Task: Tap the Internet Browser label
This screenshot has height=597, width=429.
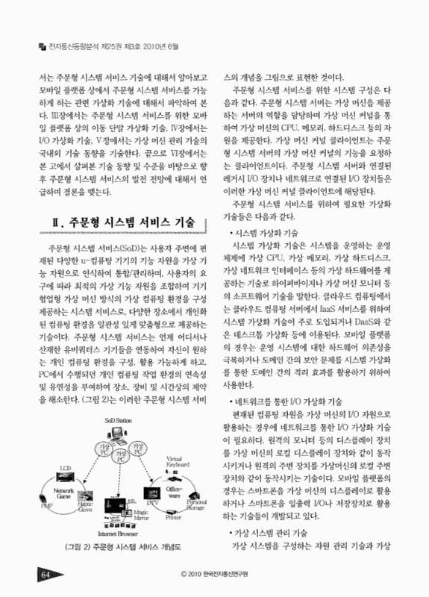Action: (x=119, y=535)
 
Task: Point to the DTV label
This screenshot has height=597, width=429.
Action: (x=153, y=505)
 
